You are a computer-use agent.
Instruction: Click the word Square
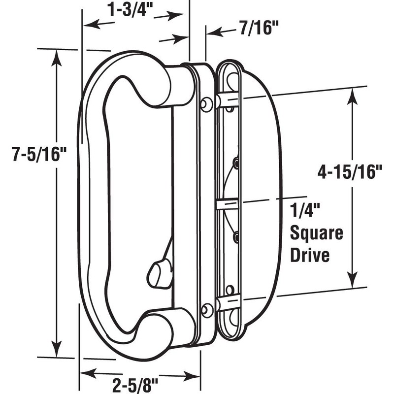click(317, 233)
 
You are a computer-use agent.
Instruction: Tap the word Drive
click(310, 256)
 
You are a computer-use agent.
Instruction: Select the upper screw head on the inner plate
click(207, 103)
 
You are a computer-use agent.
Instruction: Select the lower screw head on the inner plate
click(207, 310)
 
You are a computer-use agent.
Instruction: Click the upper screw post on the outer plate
click(229, 100)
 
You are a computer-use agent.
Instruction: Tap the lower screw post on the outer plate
click(229, 302)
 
